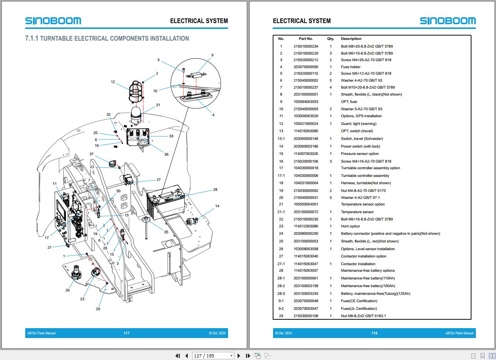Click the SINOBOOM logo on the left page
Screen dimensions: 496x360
pyautogui.click(x=53, y=21)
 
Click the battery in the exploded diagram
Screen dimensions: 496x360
pyautogui.click(x=165, y=202)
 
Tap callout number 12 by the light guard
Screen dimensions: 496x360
pyautogui.click(x=113, y=82)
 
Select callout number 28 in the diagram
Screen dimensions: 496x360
pyautogui.click(x=215, y=189)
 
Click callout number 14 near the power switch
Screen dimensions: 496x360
pyautogui.click(x=217, y=206)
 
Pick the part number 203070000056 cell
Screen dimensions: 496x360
pyautogui.click(x=306, y=67)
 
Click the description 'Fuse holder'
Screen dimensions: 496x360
pyautogui.click(x=351, y=67)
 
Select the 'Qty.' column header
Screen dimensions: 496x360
pyautogui.click(x=331, y=38)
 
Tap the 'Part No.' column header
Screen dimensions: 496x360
pyautogui.click(x=306, y=38)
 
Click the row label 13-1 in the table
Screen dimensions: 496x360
pyautogui.click(x=281, y=138)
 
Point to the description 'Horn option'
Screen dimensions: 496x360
pyautogui.click(x=350, y=226)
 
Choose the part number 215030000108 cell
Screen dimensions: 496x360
pyautogui.click(x=306, y=316)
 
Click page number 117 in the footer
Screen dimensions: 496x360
pyautogui.click(x=126, y=333)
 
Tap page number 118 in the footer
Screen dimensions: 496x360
pyautogui.click(x=374, y=333)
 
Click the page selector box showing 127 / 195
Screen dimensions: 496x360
pyautogui.click(x=213, y=356)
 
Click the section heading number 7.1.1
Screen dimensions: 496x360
pyautogui.click(x=32, y=38)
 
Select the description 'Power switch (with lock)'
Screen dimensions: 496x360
pyautogui.click(x=361, y=146)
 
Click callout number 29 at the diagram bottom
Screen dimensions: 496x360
pyautogui.click(x=98, y=309)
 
